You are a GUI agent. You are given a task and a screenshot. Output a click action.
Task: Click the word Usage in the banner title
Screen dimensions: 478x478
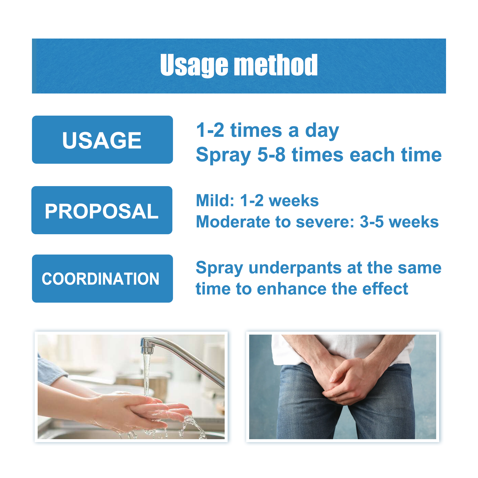[x=194, y=65]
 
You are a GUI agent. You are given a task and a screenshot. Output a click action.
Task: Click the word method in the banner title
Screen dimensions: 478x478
[x=276, y=65]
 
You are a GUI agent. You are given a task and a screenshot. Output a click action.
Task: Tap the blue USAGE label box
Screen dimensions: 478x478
[x=102, y=140]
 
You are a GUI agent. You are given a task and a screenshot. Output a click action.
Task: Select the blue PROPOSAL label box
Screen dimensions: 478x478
[x=102, y=210]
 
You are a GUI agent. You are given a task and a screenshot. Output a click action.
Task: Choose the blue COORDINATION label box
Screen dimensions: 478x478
[x=102, y=278]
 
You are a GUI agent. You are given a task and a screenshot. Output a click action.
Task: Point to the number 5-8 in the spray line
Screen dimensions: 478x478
[x=271, y=155]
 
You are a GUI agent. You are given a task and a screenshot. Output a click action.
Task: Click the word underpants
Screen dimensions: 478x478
[x=295, y=268]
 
